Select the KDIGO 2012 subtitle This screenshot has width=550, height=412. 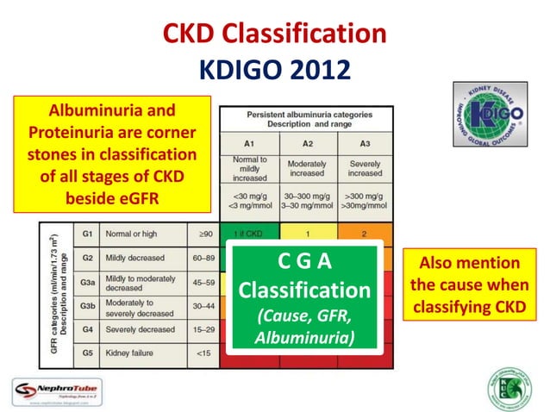click(274, 68)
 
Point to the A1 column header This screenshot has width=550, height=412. click(248, 142)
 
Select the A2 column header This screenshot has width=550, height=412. click(306, 142)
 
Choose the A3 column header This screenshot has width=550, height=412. click(366, 142)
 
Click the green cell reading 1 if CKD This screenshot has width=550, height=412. click(248, 234)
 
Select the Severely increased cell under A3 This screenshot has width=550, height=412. click(366, 167)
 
